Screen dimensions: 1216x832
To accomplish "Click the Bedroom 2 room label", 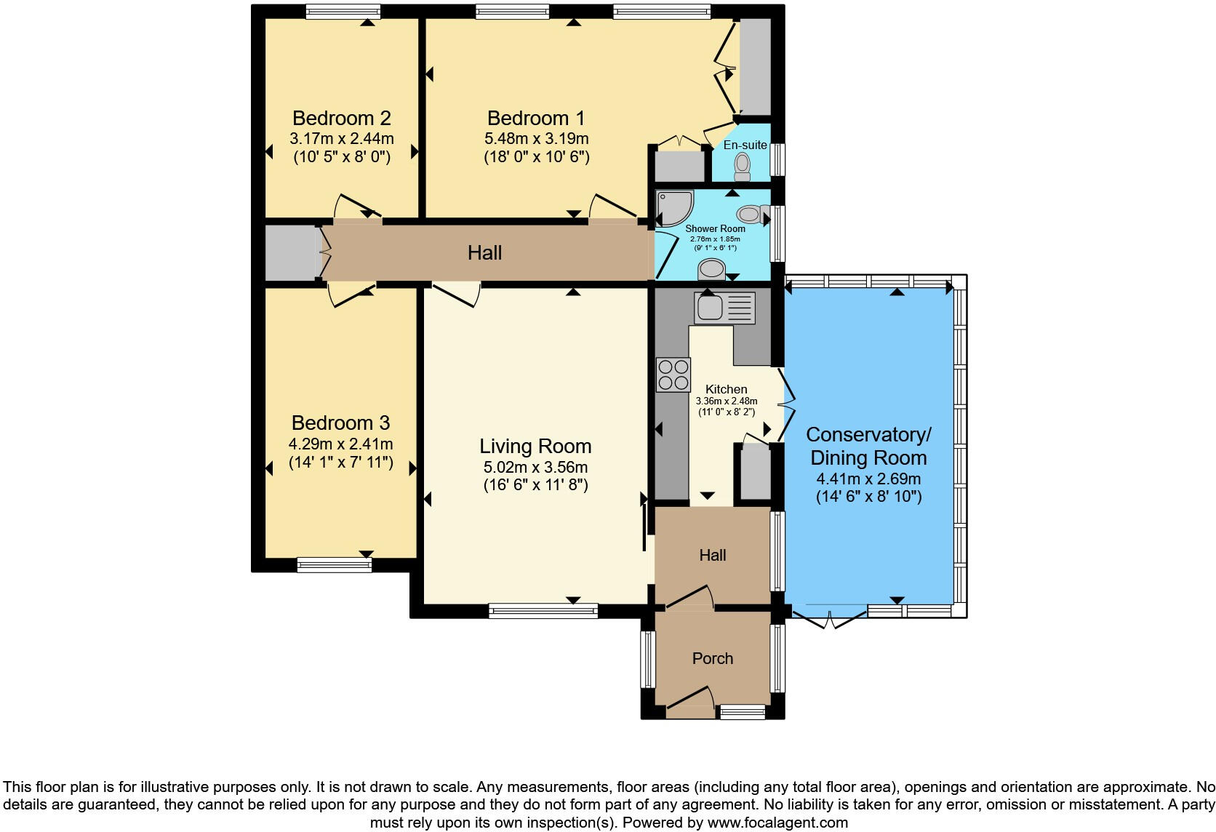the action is coord(342,118).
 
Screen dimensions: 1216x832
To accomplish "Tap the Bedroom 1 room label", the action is coord(536,118).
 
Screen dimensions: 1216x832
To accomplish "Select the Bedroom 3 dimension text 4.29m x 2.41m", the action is coord(340,444).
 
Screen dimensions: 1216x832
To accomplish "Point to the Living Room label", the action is coord(535,446).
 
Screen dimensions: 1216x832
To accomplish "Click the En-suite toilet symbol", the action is coord(742,166).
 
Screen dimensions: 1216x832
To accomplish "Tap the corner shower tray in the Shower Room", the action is coord(674,207).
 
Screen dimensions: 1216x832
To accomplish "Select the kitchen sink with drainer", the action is coord(724,308).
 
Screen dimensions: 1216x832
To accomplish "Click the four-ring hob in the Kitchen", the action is coord(673,375).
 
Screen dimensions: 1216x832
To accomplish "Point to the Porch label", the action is coord(712,658).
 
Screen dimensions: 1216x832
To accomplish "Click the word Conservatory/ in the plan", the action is coord(868,434).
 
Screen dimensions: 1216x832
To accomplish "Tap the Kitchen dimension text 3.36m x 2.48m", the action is coord(727,401).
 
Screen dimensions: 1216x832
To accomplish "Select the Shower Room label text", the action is coord(715,228).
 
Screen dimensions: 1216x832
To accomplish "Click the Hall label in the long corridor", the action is coord(485,252).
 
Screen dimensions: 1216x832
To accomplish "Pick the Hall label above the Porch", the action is coord(712,555).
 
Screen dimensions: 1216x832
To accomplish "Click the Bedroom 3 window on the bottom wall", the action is coord(335,565).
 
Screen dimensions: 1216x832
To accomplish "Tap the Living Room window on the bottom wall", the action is coord(543,611).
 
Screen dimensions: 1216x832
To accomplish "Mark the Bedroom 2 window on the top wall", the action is coord(343,12).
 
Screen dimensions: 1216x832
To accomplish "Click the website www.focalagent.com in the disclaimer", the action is coord(777,823).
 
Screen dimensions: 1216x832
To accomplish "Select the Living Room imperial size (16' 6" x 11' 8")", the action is coord(536,484).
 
